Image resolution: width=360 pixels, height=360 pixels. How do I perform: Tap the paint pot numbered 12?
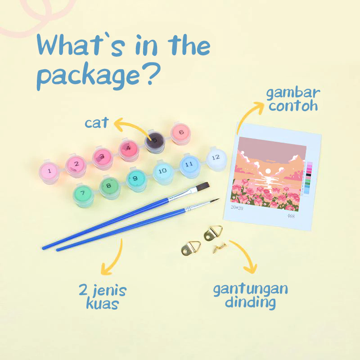[x=216, y=157]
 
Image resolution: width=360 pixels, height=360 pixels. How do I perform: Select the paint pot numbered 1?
[x=49, y=171]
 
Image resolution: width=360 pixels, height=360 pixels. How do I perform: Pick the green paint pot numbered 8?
[x=108, y=185]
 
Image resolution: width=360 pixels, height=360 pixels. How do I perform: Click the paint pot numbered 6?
[x=181, y=133]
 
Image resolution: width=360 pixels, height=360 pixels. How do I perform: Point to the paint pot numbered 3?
[x=102, y=157]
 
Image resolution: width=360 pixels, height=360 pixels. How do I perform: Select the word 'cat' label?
[x=97, y=122]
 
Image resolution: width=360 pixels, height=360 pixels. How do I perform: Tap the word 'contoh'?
[x=293, y=107]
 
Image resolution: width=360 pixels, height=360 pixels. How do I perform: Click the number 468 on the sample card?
[x=291, y=216]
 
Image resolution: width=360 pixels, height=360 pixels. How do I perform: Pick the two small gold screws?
[x=220, y=246]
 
